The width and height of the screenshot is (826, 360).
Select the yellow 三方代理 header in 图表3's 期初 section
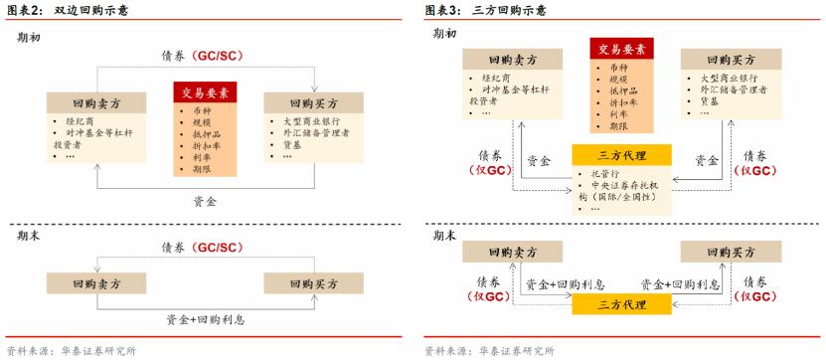[622, 155]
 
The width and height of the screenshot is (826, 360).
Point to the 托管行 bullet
[603, 175]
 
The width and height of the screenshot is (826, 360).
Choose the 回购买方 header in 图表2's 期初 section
[314, 102]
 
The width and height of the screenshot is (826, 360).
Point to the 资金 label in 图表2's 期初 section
[206, 200]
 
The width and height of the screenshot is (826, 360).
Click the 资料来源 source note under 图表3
[488, 351]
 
